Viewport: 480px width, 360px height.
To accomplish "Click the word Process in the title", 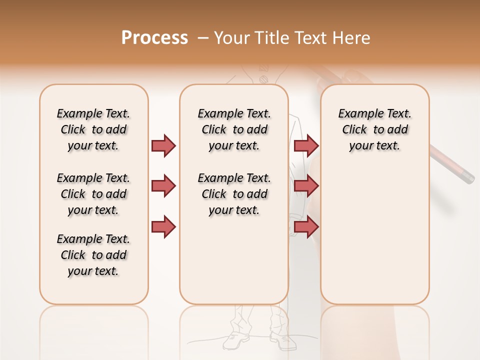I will click(154, 38).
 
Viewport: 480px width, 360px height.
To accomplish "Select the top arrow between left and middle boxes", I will click(163, 145).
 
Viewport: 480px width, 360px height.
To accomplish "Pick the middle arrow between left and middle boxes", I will click(163, 186).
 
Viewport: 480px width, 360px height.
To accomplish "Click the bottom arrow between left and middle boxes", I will click(163, 226).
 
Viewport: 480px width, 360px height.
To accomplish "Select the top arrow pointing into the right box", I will click(306, 145).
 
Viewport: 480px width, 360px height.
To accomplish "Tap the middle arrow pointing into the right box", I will click(306, 186).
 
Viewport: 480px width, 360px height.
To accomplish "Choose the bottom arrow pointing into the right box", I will click(306, 226).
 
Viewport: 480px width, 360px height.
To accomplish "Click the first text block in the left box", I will click(93, 129).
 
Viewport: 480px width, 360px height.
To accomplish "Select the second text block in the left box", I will click(93, 194).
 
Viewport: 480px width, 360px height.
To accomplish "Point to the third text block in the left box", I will click(93, 255).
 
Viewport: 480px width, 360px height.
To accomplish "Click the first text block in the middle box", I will click(234, 129).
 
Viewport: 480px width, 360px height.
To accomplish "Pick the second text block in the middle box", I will click(234, 194).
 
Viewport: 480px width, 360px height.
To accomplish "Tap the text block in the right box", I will click(375, 129).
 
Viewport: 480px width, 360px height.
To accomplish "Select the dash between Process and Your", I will click(203, 38).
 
